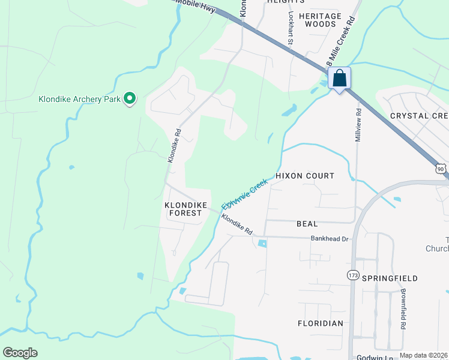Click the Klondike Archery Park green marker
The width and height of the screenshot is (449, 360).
click(x=129, y=98)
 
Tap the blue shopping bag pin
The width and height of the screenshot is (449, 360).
click(x=339, y=79)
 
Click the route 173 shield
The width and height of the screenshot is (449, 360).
click(x=353, y=274)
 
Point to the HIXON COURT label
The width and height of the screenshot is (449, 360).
click(x=304, y=176)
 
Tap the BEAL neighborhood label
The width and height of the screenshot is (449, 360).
click(x=307, y=224)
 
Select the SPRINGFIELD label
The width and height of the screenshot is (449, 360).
click(x=389, y=278)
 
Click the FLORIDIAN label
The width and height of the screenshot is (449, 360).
click(x=321, y=323)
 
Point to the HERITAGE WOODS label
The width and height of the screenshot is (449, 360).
click(x=320, y=20)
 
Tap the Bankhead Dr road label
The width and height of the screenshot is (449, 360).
click(x=330, y=239)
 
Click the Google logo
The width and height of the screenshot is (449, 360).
click(x=20, y=353)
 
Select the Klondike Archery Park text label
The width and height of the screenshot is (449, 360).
click(x=79, y=99)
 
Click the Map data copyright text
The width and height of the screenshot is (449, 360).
click(x=424, y=355)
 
